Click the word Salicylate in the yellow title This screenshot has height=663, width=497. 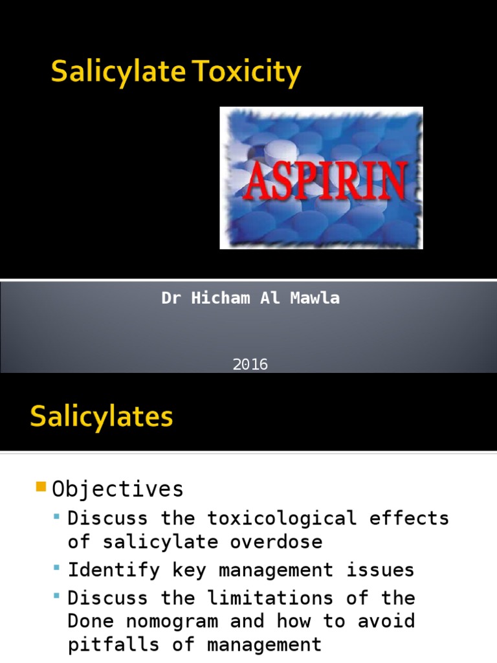click(x=116, y=73)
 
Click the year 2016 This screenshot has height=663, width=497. click(x=250, y=365)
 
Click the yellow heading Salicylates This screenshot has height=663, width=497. click(x=102, y=416)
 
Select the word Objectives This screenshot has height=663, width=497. click(x=118, y=489)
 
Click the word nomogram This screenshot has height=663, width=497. click(x=173, y=621)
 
